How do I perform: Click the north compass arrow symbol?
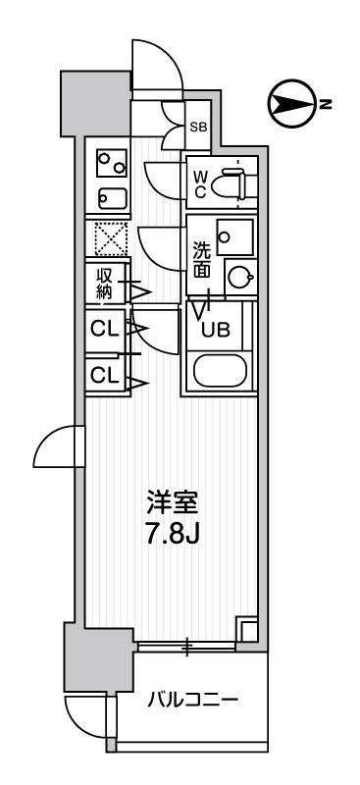(286, 103)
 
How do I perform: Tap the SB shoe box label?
(198, 127)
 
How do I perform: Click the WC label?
(198, 183)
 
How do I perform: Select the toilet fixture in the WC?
(232, 182)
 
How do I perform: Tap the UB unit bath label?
(215, 330)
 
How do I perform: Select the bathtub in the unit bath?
(220, 371)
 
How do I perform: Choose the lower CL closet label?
(104, 375)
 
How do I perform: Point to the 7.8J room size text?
(173, 538)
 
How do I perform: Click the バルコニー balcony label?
(192, 701)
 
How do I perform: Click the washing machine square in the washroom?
(233, 235)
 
